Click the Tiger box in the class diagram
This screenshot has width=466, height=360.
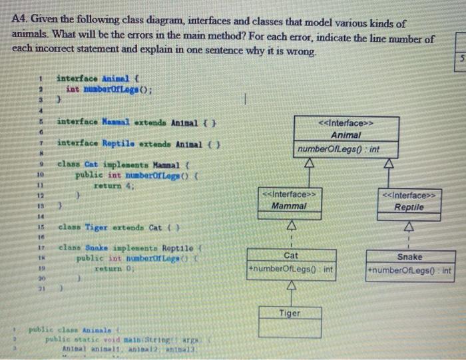(x=290, y=313)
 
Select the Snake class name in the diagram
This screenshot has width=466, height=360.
(x=409, y=257)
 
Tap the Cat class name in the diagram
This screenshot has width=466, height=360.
(x=290, y=256)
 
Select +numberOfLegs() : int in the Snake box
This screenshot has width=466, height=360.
(x=409, y=271)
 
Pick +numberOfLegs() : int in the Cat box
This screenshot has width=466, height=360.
(x=290, y=270)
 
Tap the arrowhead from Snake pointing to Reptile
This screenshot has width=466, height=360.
(x=409, y=228)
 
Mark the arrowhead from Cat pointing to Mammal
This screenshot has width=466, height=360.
(x=290, y=226)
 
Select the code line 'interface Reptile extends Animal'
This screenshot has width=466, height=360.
(x=139, y=143)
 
